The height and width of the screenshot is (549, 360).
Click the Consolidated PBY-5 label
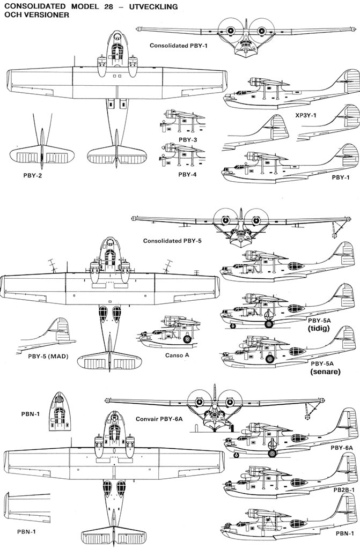point(172,241)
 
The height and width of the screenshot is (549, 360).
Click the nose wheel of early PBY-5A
point(232,325)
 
